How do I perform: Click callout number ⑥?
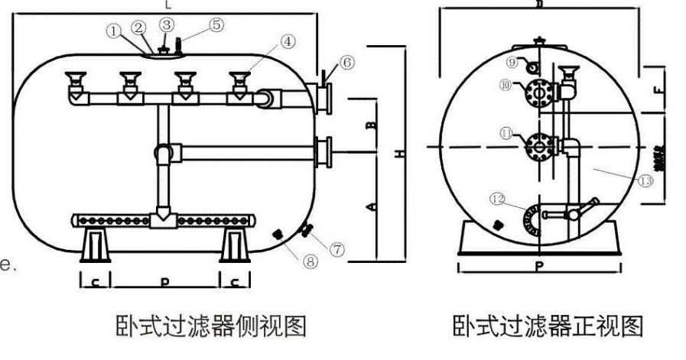(x=347, y=63)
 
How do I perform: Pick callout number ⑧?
(x=310, y=261)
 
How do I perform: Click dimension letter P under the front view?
(x=539, y=267)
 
